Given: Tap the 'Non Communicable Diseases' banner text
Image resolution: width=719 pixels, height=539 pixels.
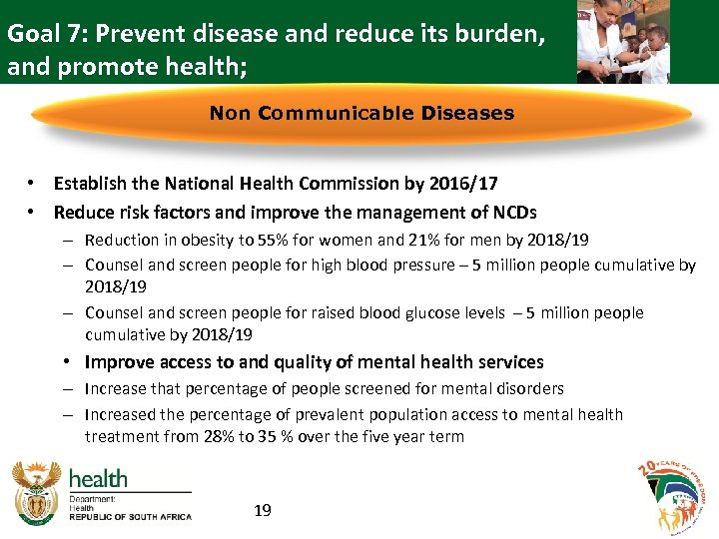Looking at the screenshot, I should point(361,113).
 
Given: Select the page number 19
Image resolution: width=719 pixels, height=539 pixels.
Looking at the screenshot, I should point(263,511).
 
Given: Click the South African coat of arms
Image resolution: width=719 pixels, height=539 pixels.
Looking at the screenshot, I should point(37,493).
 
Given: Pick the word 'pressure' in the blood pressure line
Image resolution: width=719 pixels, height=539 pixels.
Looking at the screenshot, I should point(427,266).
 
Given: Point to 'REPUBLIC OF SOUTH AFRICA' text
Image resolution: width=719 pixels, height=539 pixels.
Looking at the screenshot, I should point(131,517).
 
